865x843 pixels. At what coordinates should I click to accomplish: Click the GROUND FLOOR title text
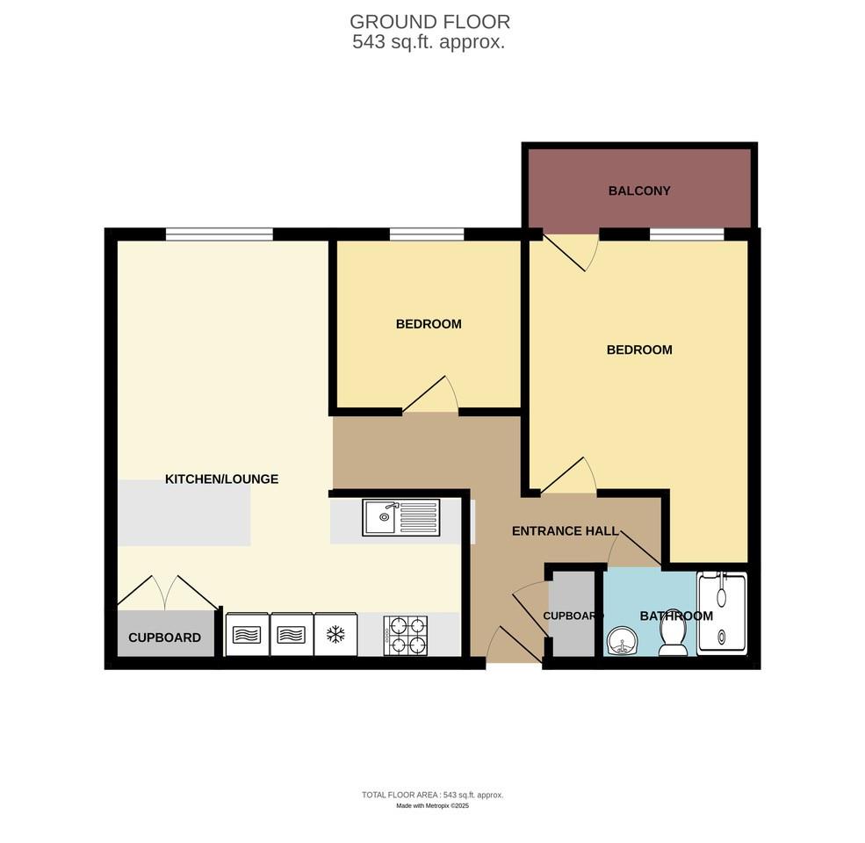(x=429, y=22)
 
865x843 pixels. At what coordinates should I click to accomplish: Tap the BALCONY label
(x=639, y=191)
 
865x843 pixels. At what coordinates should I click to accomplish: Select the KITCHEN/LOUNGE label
(x=222, y=479)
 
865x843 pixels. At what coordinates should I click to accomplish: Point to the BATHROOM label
(x=676, y=616)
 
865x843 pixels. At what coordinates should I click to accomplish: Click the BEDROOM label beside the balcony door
(x=639, y=349)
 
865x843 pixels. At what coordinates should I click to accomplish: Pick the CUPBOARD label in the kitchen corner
(x=164, y=638)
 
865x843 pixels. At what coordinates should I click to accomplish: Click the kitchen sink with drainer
(x=401, y=517)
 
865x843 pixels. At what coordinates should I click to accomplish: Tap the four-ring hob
(x=405, y=635)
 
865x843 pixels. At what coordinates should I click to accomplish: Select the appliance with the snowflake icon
(x=335, y=634)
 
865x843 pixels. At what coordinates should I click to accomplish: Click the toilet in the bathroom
(x=674, y=634)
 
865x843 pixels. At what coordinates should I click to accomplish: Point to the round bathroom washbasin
(x=624, y=642)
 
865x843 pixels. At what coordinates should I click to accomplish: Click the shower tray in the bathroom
(x=722, y=614)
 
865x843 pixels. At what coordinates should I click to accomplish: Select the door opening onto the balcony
(x=571, y=251)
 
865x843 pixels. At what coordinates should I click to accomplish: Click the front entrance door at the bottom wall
(x=515, y=645)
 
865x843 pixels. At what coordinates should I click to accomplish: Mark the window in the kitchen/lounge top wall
(x=219, y=234)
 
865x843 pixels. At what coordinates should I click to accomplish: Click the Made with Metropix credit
(x=432, y=805)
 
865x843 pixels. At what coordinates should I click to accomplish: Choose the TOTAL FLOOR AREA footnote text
(x=432, y=795)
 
